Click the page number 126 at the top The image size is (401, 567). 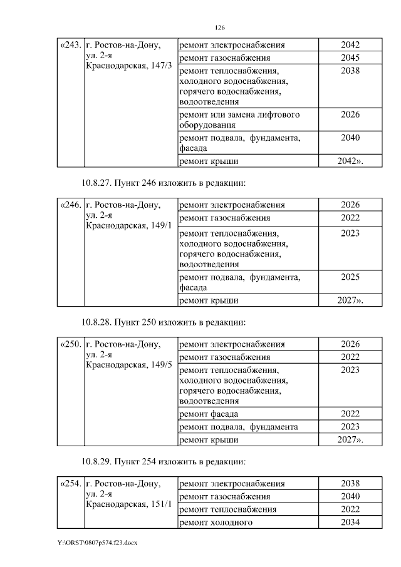pos(219,28)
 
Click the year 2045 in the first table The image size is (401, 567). pos(350,58)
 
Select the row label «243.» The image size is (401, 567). pos(70,45)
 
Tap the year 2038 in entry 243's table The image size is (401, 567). pos(350,71)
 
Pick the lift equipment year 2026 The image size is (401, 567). pos(350,115)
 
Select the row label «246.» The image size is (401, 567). pos(70,205)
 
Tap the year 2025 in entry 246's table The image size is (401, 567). pos(350,277)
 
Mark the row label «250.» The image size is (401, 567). pos(70,344)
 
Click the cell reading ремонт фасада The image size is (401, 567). pos(209,414)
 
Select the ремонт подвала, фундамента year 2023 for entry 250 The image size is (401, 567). pos(350,427)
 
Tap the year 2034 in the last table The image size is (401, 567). pos(350,523)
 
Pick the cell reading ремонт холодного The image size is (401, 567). pos(216,523)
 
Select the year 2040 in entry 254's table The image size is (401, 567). pos(350,496)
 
